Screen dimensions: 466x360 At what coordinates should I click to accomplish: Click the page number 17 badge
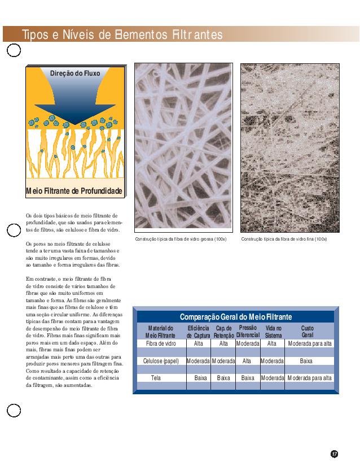pyautogui.click(x=334, y=453)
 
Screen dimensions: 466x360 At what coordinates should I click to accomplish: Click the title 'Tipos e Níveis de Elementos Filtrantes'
pyautogui.click(x=122, y=35)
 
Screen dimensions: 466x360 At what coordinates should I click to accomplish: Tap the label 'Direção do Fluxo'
pyautogui.click(x=75, y=74)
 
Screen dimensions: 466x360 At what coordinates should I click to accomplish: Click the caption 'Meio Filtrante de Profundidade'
pyautogui.click(x=74, y=191)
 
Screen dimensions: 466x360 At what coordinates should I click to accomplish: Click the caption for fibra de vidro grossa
pyautogui.click(x=181, y=239)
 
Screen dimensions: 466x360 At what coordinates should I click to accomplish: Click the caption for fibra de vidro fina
pyautogui.click(x=284, y=239)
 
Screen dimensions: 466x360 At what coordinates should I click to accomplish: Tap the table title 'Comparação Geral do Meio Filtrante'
pyautogui.click(x=236, y=316)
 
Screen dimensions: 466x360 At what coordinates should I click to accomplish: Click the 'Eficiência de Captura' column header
pyautogui.click(x=199, y=332)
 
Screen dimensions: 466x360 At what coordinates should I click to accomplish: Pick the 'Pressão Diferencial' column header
pyautogui.click(x=248, y=332)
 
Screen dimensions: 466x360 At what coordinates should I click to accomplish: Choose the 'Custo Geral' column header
pyautogui.click(x=308, y=332)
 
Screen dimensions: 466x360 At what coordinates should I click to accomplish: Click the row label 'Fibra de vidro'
pyautogui.click(x=160, y=343)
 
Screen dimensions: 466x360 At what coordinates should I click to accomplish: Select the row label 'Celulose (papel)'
pyautogui.click(x=161, y=360)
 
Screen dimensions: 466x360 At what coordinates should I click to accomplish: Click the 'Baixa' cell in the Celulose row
pyautogui.click(x=306, y=360)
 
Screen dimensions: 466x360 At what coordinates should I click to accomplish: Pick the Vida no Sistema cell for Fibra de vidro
pyautogui.click(x=272, y=343)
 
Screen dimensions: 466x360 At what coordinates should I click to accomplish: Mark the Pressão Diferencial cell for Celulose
pyautogui.click(x=247, y=360)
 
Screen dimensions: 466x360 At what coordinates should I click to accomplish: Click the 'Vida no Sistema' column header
pyautogui.click(x=273, y=332)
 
